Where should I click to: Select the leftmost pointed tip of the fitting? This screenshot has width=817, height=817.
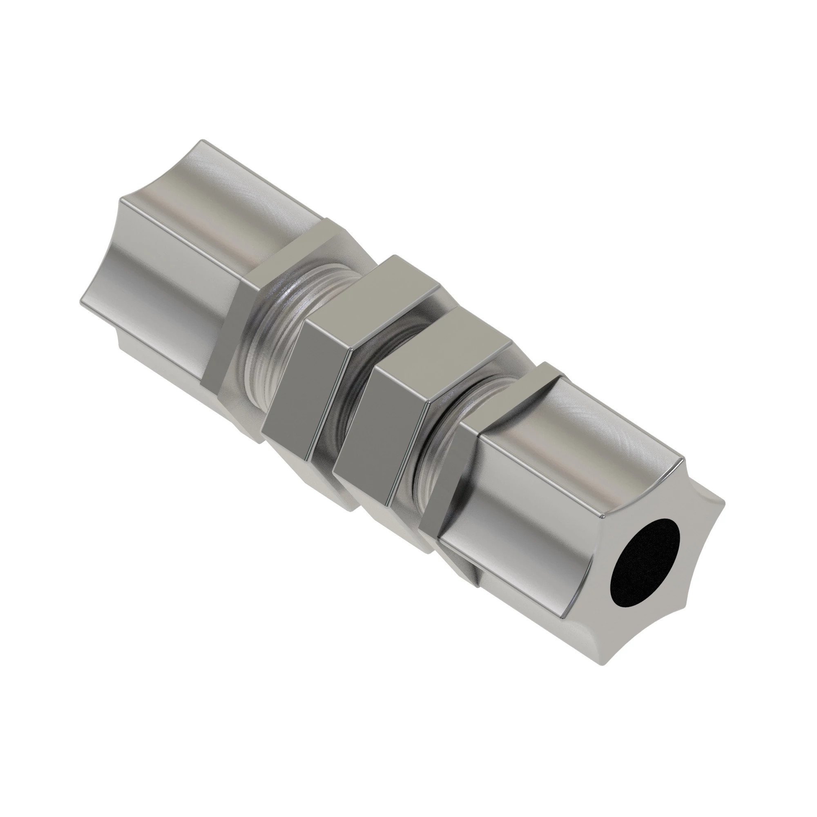(81, 302)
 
